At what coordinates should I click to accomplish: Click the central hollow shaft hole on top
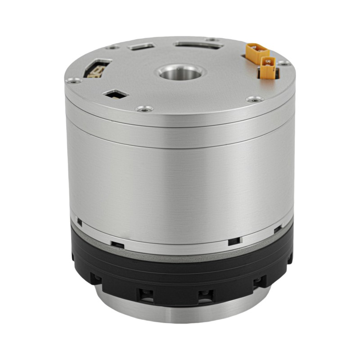pos(180,72)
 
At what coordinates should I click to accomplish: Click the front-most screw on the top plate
pos(144,108)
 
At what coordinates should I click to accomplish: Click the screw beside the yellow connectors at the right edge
pos(283,63)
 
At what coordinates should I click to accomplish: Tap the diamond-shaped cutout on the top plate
pos(116,94)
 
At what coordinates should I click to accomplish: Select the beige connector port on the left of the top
pos(96,69)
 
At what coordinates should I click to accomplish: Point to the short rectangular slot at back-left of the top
pos(141,46)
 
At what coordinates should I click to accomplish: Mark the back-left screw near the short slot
pos(112,47)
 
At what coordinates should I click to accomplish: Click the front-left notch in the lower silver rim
pos(117,244)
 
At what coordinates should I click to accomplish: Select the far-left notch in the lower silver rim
pos(79,221)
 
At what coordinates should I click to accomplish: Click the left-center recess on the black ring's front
pos(145,295)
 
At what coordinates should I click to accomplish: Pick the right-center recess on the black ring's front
pos(205,295)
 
